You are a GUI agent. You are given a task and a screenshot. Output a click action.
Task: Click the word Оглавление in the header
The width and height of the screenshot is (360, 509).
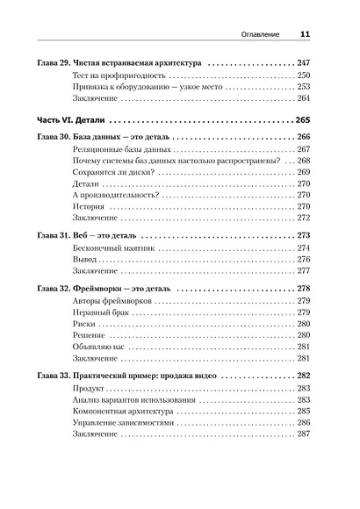(x=261, y=34)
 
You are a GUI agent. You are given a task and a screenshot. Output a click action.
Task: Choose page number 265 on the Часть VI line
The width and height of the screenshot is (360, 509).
(x=305, y=120)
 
